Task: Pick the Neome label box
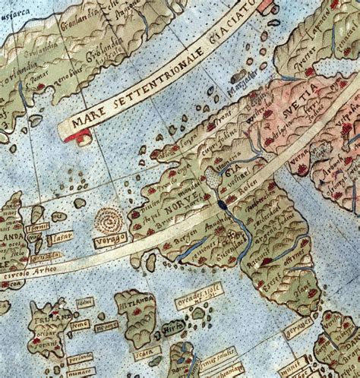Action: [x=108, y=327]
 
